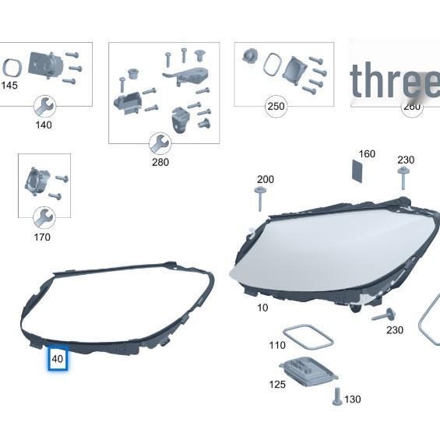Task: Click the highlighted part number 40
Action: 58,359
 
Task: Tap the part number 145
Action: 9,85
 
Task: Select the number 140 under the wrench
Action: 44,125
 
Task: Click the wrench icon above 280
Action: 160,143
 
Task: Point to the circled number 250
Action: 275,107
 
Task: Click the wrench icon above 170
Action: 44,217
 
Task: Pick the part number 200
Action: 265,179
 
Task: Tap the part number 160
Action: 366,154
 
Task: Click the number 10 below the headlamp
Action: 262,308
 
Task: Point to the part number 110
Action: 277,345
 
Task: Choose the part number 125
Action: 277,384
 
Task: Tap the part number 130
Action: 353,400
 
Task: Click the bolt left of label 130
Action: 336,396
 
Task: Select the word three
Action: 393,81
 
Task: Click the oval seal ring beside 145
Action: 12,69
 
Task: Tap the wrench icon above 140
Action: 44,105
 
